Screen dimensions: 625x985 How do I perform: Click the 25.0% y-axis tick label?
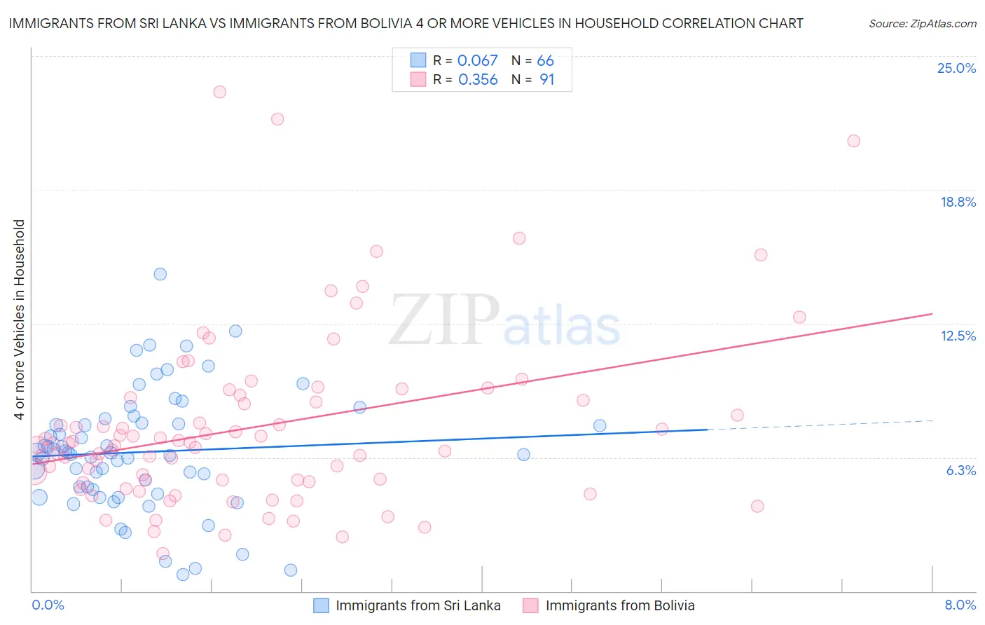[x=956, y=68]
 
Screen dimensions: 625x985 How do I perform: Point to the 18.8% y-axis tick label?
[x=958, y=202]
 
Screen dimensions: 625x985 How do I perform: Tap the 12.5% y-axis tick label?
[x=958, y=336]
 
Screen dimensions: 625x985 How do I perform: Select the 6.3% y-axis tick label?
[x=960, y=470]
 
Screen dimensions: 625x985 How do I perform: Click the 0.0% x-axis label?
[x=48, y=605]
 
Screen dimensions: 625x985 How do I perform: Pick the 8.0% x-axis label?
[x=960, y=605]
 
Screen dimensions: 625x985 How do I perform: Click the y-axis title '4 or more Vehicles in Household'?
[x=19, y=320]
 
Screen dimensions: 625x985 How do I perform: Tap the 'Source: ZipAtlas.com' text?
[x=922, y=23]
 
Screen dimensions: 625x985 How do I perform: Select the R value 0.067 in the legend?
[x=477, y=61]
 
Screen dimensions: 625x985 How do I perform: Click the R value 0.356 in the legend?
[x=478, y=80]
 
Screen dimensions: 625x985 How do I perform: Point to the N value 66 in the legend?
[x=545, y=61]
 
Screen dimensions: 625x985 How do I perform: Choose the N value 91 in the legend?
[x=546, y=80]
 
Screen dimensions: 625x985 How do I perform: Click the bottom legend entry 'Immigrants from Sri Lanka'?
[x=418, y=605]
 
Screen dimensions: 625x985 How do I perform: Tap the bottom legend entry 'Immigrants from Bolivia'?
[x=619, y=605]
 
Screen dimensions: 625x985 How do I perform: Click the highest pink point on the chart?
[x=219, y=92]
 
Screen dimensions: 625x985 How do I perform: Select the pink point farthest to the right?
[x=853, y=141]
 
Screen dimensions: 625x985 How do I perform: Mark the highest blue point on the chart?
[x=160, y=274]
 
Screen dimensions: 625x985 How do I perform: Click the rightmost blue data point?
[x=600, y=425]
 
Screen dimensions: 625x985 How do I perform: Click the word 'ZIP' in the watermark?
[x=444, y=320]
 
